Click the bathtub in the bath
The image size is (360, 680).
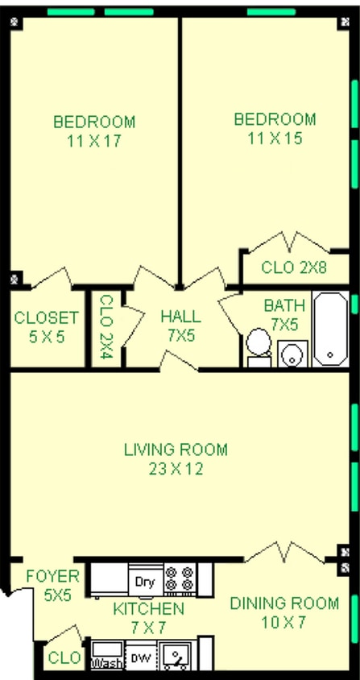click(330, 330)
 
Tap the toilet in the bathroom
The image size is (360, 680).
click(259, 347)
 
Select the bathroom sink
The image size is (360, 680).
click(292, 354)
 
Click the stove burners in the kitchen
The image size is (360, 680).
click(180, 578)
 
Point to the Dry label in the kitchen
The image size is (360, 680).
click(145, 582)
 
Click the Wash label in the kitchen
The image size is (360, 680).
click(106, 664)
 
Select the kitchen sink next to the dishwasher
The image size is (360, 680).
click(175, 656)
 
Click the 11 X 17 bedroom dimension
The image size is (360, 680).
click(93, 141)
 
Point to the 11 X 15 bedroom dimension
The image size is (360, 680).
click(275, 139)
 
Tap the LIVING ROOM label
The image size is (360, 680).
click(176, 450)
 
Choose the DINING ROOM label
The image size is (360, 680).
click(284, 603)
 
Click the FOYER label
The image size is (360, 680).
click(52, 576)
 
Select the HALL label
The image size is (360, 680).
click(181, 317)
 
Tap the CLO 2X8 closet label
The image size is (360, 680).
click(294, 267)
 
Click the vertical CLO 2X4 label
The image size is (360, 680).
click(106, 326)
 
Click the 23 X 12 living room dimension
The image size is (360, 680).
click(176, 469)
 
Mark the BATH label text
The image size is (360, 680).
click(284, 305)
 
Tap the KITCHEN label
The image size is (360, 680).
click(148, 609)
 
